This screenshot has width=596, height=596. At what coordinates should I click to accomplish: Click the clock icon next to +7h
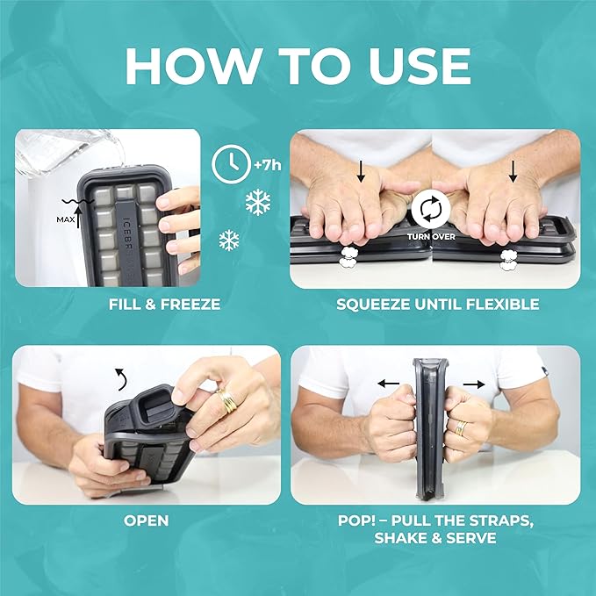[231, 164]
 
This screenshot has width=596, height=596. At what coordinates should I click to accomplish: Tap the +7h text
[268, 165]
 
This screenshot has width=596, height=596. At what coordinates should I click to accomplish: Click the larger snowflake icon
[258, 202]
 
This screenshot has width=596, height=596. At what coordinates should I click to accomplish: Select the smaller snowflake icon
[229, 241]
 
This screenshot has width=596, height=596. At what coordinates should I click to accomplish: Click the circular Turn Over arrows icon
[431, 209]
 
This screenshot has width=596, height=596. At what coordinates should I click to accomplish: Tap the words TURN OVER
[431, 236]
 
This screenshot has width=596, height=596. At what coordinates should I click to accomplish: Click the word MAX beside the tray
[65, 219]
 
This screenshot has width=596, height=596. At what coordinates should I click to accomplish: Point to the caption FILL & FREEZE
[164, 304]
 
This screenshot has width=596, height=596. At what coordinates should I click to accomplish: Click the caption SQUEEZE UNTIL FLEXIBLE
[437, 304]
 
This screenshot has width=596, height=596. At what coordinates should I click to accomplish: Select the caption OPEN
[146, 521]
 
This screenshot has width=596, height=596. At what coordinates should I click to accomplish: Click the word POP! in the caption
[356, 521]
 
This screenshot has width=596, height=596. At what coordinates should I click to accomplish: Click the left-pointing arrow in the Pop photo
[389, 384]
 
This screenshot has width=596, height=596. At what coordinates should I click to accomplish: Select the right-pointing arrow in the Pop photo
[474, 384]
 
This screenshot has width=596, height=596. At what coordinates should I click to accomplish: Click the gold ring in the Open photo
[227, 400]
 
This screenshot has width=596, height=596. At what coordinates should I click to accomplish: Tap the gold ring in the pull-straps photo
[462, 428]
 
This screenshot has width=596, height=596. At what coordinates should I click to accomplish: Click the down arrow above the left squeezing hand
[361, 171]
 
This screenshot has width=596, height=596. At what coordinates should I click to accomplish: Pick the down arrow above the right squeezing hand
[513, 171]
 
